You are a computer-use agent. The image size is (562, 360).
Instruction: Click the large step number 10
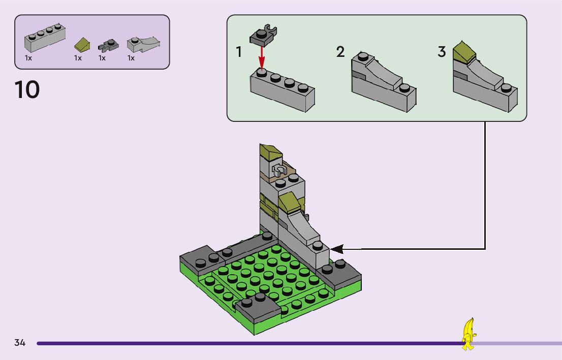[x=27, y=89]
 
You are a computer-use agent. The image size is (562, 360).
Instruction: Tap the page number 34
[x=20, y=343]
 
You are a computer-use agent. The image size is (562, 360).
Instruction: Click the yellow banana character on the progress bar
[x=469, y=334]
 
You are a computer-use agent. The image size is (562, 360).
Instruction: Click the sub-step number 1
[x=239, y=52]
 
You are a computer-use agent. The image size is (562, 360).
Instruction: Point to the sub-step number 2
[x=340, y=52]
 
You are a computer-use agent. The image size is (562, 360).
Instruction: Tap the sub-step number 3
[x=442, y=52]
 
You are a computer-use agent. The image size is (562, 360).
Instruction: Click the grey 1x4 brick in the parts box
[x=45, y=38]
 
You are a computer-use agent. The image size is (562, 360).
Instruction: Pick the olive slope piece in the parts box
[x=82, y=45]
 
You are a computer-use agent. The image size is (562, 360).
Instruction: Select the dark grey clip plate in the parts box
[x=108, y=45]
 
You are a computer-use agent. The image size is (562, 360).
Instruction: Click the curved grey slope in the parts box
[x=143, y=44]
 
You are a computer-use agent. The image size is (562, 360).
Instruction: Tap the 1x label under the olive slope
[x=78, y=58]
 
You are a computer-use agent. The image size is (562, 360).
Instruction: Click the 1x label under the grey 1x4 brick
[x=28, y=58]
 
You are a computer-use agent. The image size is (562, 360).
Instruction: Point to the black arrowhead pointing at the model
[x=337, y=249]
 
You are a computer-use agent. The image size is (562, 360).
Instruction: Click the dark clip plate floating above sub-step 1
[x=263, y=35]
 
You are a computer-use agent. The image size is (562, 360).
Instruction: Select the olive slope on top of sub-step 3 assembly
[x=464, y=52]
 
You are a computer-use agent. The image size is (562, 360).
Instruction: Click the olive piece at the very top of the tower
[x=271, y=152]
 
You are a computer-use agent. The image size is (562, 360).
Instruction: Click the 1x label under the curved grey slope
[x=131, y=58]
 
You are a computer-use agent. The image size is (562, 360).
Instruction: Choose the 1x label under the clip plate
[x=102, y=58]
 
